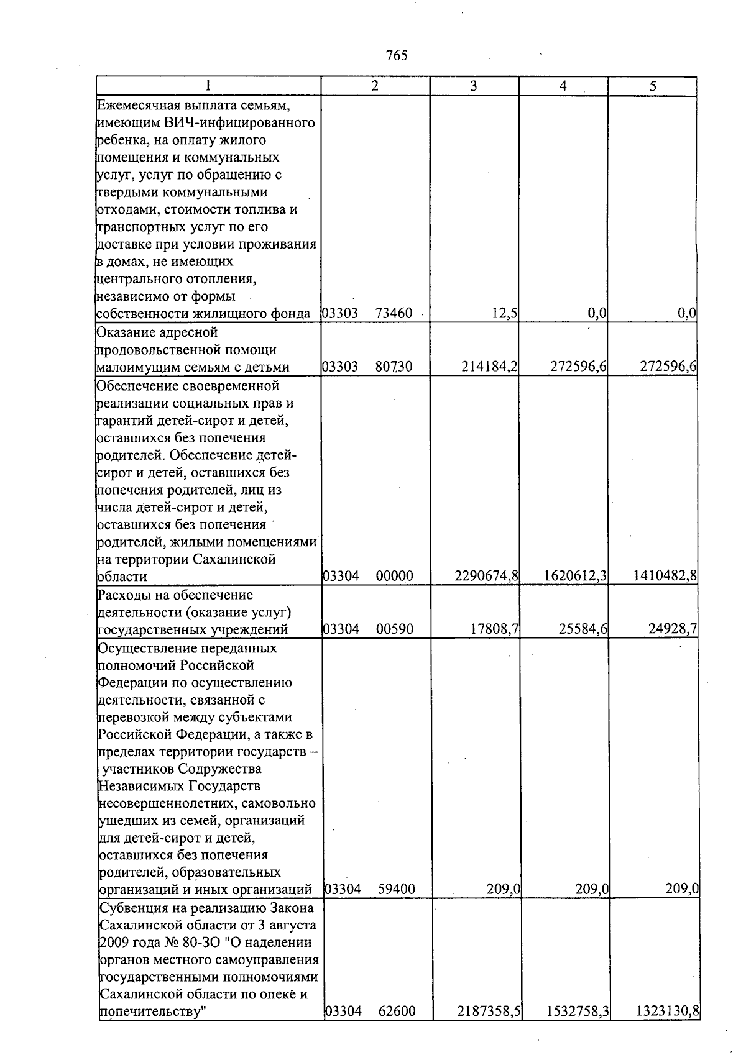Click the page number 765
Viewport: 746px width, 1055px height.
[x=397, y=56]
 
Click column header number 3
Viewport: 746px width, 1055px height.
[x=474, y=86]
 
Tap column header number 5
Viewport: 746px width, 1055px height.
[x=653, y=86]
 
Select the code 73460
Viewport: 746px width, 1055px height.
[x=394, y=314]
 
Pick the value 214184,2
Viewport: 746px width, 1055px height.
[x=489, y=367]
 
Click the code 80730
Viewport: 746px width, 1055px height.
[x=394, y=367]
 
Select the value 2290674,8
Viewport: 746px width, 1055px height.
[x=487, y=577]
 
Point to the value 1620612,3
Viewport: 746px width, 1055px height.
[x=575, y=577]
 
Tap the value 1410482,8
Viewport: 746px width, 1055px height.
[x=665, y=577]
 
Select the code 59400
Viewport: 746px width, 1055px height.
[x=397, y=890]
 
